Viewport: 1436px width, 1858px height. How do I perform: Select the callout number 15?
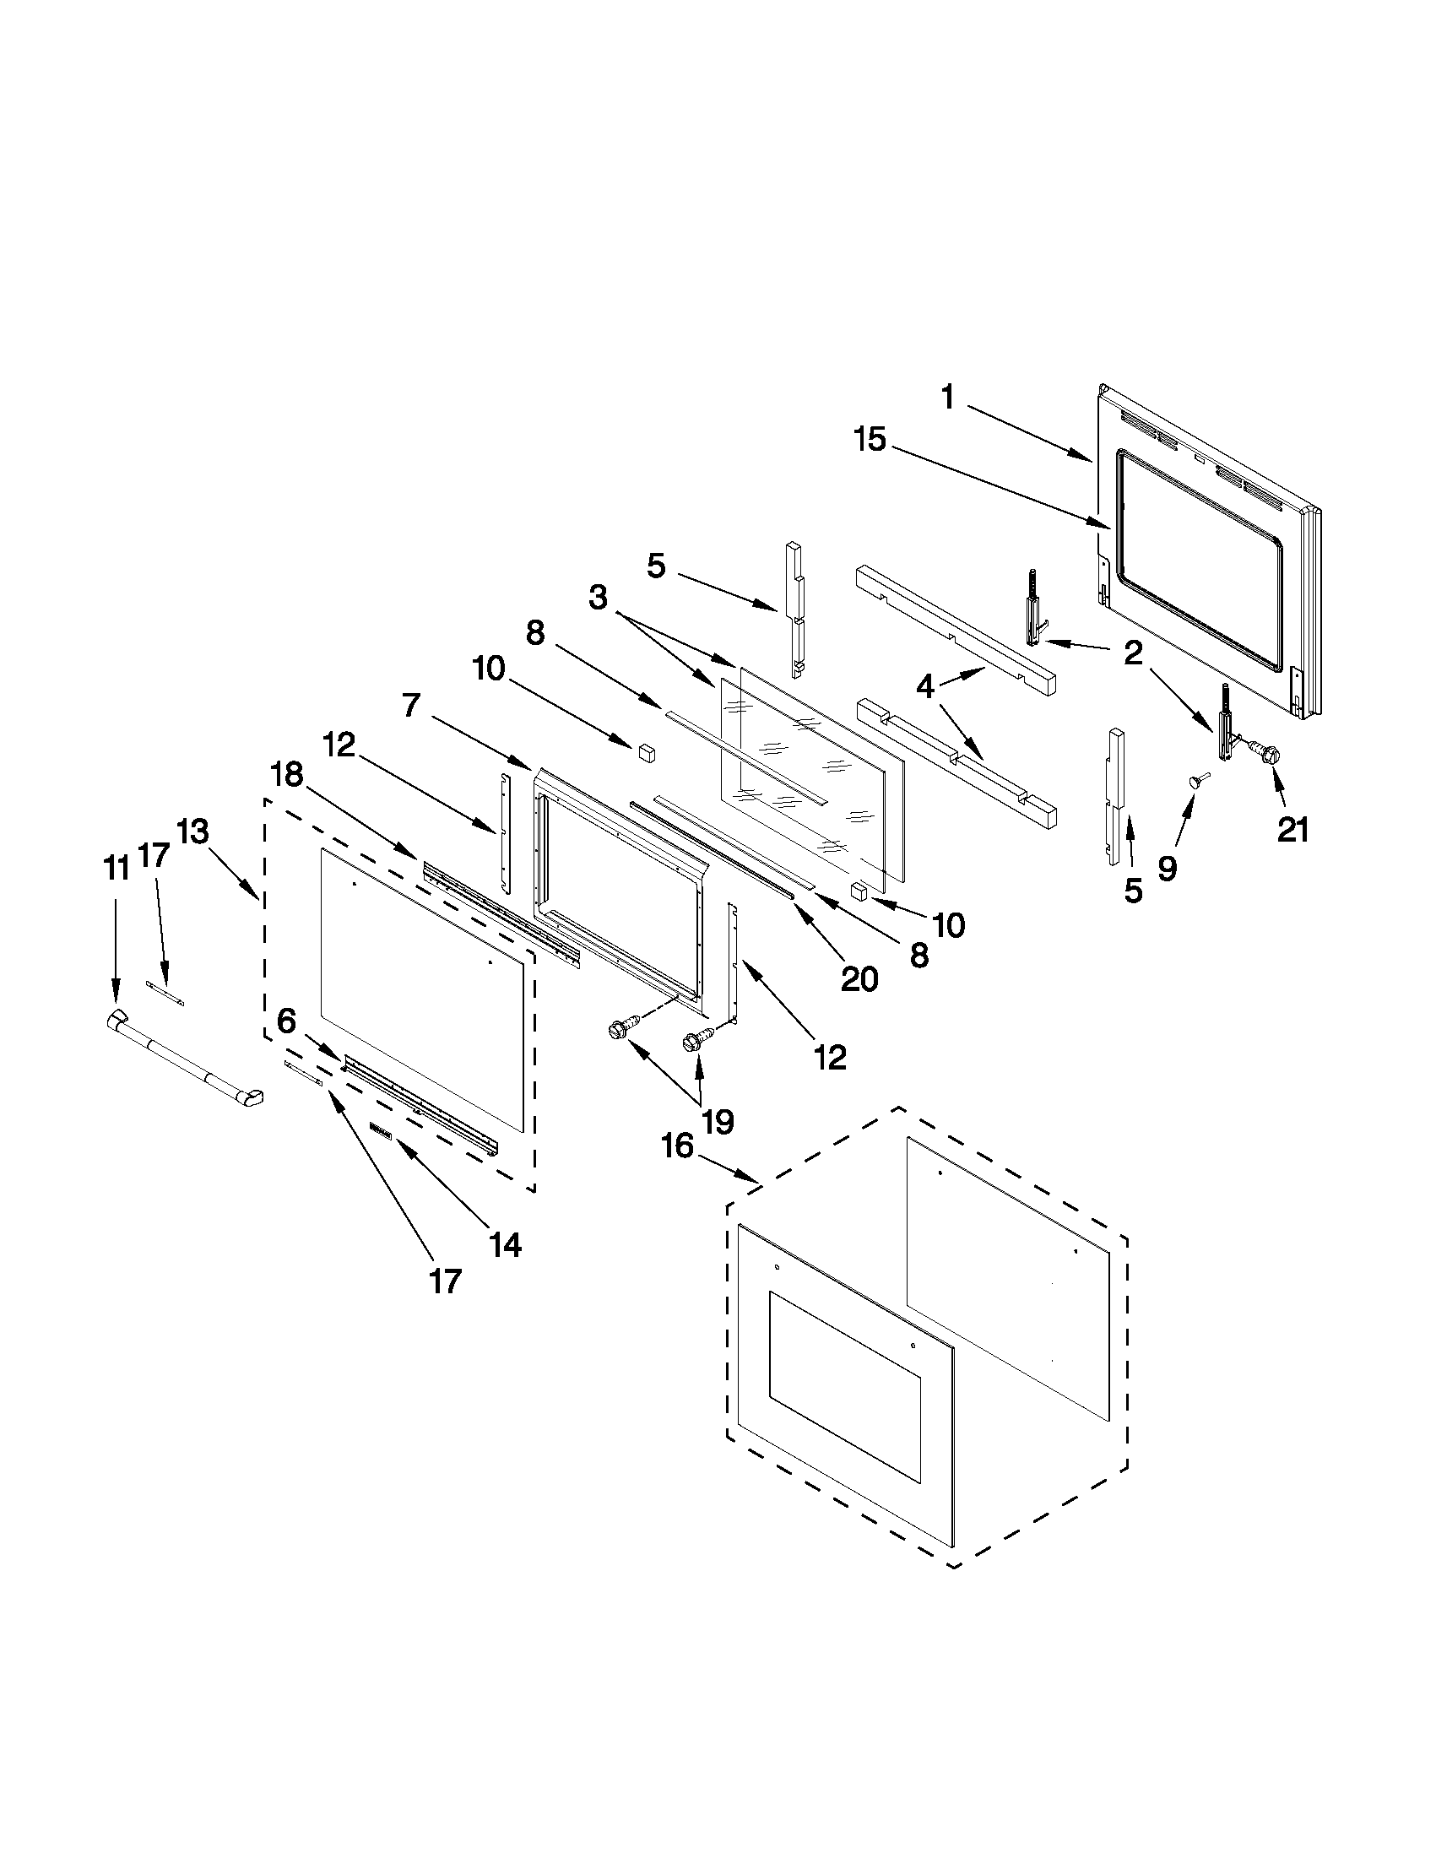[871, 441]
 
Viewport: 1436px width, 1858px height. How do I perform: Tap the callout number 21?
[1292, 830]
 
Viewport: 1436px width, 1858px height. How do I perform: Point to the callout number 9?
[1168, 868]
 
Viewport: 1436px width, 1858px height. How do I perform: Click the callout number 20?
[859, 980]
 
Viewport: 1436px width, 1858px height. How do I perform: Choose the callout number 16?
[678, 1146]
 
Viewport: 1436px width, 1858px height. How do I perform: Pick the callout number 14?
[505, 1245]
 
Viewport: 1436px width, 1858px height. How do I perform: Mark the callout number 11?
[117, 869]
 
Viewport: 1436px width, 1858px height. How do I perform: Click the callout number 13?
[193, 831]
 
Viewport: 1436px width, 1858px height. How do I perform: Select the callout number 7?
[410, 705]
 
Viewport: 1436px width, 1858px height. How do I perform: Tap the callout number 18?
[287, 774]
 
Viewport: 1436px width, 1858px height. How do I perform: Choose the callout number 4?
[925, 685]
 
